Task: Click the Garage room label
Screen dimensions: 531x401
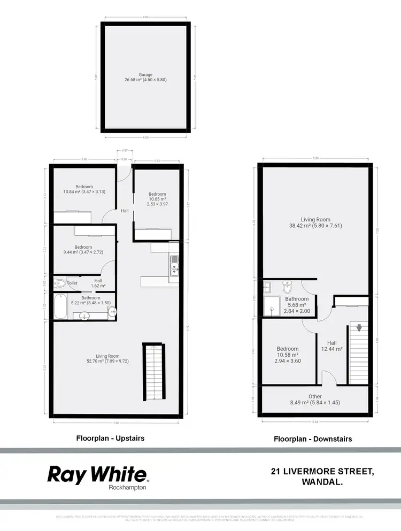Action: [145, 78]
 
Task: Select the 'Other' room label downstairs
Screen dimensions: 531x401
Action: [315, 399]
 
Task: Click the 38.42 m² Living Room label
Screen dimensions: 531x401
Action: [315, 222]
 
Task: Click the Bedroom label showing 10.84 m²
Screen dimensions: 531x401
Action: [84, 189]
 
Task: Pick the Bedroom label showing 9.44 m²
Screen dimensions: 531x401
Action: [84, 250]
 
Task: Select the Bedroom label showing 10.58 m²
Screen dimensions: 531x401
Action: [288, 353]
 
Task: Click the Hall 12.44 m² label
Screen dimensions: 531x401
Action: [332, 347]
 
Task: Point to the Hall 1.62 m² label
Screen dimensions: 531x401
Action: [98, 283]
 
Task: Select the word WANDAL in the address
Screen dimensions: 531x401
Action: [320, 481]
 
